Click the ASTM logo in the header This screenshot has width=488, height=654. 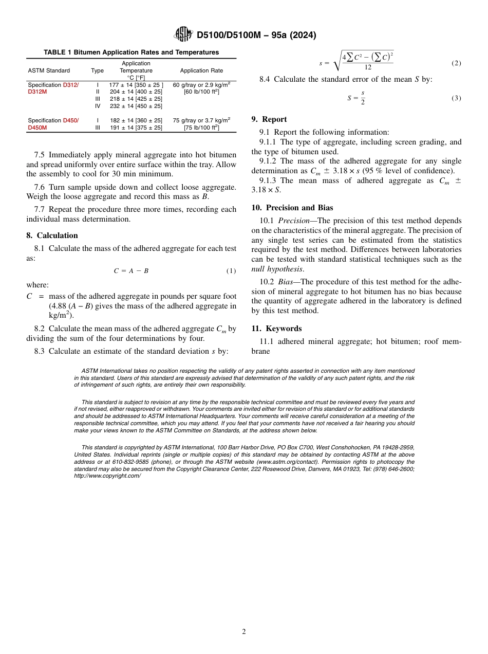click(x=183, y=34)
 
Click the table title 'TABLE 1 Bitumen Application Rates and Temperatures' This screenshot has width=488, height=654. click(x=131, y=52)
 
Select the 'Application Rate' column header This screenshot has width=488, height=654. click(x=201, y=70)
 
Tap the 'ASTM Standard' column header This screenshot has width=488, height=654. click(x=49, y=70)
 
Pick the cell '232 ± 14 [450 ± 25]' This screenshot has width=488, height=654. click(x=136, y=106)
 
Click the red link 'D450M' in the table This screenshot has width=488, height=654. click(x=37, y=128)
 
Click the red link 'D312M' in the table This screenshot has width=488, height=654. click(x=37, y=92)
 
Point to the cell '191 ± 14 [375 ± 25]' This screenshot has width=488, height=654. click(x=136, y=128)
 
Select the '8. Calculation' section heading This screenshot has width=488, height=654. click(x=52, y=235)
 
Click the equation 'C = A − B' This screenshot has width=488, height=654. click(x=131, y=271)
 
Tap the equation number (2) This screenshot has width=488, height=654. click(x=456, y=63)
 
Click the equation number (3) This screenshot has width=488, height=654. click(x=456, y=98)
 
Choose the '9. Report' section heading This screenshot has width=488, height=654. click(x=269, y=119)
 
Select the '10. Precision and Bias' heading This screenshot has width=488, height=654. click(x=292, y=208)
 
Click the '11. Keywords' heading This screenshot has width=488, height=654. click(x=276, y=329)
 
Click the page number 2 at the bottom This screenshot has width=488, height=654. click(x=244, y=632)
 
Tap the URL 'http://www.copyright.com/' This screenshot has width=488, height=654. click(x=107, y=476)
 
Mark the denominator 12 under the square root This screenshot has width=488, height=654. click(x=368, y=67)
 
